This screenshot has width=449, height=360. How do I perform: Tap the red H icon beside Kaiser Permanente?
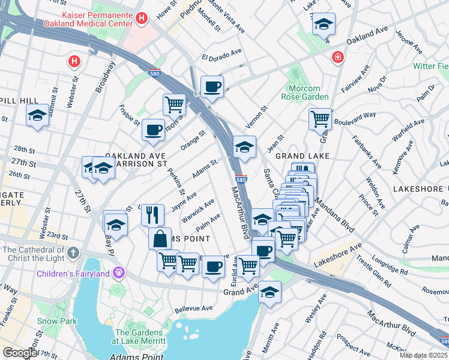[x=142, y=18]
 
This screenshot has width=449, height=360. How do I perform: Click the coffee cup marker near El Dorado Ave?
[x=212, y=87]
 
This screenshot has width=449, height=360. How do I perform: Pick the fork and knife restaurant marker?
[x=153, y=214]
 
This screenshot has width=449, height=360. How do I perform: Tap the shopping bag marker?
[x=160, y=239]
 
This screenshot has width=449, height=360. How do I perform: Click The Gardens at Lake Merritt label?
[x=139, y=337]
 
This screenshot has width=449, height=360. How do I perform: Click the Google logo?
[x=20, y=352]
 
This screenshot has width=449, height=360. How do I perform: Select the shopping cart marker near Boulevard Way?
[x=321, y=118]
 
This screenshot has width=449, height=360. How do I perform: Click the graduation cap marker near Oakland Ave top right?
[x=324, y=25]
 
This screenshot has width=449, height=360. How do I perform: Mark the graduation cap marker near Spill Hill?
[x=38, y=115]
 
